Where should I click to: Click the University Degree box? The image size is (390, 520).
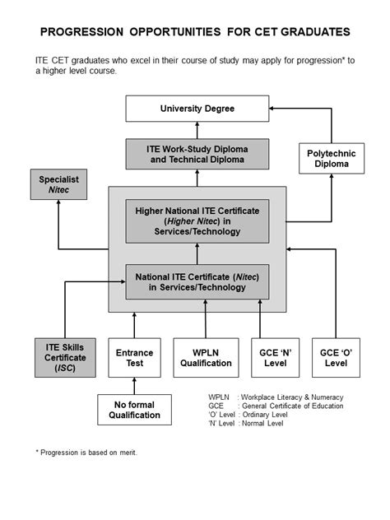point(197,109)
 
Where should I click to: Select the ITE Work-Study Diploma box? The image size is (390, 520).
point(197,154)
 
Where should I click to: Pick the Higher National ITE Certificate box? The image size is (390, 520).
point(197,221)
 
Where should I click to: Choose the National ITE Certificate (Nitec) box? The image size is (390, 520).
point(197,281)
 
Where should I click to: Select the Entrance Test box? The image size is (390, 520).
point(134,358)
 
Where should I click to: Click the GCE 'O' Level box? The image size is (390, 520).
point(336,358)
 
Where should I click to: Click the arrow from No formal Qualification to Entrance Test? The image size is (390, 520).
point(134,385)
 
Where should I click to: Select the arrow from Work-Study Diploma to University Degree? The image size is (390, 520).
point(197,130)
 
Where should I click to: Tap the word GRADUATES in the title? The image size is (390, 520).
point(309,32)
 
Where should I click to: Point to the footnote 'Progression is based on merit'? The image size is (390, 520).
point(86,453)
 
